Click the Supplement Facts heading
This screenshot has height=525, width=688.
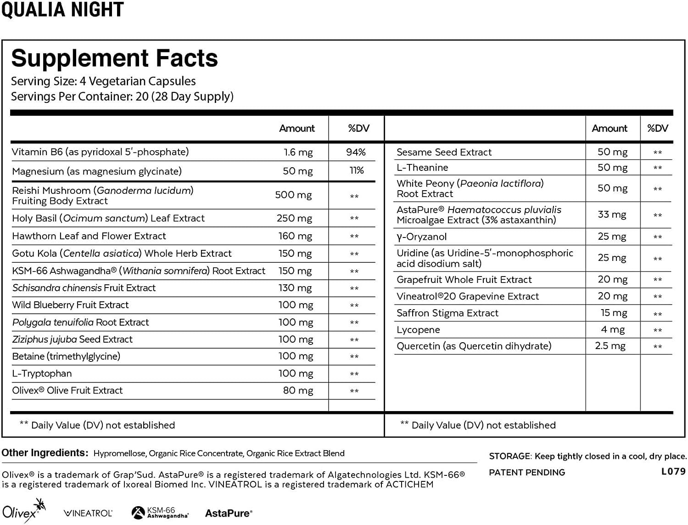click(114, 58)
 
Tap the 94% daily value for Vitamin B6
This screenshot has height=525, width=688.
click(356, 152)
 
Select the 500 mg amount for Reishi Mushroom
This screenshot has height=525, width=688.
click(293, 195)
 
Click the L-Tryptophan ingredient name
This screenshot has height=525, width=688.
click(42, 373)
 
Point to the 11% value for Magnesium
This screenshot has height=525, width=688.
click(356, 171)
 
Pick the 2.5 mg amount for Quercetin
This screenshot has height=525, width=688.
click(610, 346)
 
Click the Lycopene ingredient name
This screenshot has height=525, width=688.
click(418, 330)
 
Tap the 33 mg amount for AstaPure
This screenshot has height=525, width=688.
click(612, 215)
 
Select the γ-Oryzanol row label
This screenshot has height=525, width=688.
click(421, 237)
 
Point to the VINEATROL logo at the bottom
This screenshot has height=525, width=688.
click(88, 513)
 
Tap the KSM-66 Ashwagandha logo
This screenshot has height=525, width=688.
click(160, 513)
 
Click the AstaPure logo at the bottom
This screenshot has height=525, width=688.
click(229, 513)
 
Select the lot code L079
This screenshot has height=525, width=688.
click(673, 471)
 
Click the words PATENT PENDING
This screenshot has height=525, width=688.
click(527, 472)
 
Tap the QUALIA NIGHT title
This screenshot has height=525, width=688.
click(62, 10)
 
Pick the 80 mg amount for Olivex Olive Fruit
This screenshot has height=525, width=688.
click(298, 391)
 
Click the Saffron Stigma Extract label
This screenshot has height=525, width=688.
click(447, 313)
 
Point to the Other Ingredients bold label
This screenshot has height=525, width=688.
click(45, 453)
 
